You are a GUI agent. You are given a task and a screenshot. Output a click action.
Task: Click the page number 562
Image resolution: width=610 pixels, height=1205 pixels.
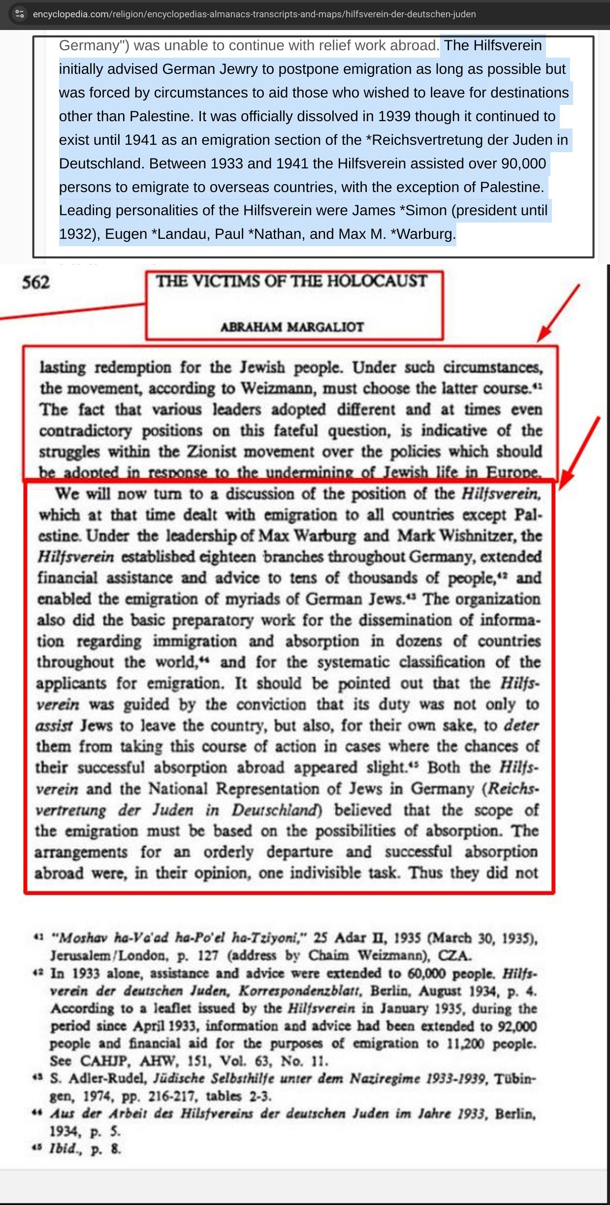click(x=36, y=283)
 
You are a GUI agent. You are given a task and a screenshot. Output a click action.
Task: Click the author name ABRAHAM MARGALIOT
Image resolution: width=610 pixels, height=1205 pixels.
click(x=292, y=327)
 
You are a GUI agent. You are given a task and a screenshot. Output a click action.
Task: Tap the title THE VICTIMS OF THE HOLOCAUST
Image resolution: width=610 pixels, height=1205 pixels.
click(x=292, y=281)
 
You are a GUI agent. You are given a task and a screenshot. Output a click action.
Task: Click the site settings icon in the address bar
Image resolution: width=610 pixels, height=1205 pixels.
click(x=20, y=14)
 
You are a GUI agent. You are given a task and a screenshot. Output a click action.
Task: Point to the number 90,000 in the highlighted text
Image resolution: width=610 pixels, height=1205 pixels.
click(x=523, y=163)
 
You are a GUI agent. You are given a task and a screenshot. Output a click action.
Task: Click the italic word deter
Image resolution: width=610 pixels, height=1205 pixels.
click(x=521, y=725)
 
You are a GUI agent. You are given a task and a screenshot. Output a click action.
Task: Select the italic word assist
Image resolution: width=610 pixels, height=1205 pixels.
click(x=54, y=726)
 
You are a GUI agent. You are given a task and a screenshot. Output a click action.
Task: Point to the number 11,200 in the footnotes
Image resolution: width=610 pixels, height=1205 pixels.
click(x=465, y=1043)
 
